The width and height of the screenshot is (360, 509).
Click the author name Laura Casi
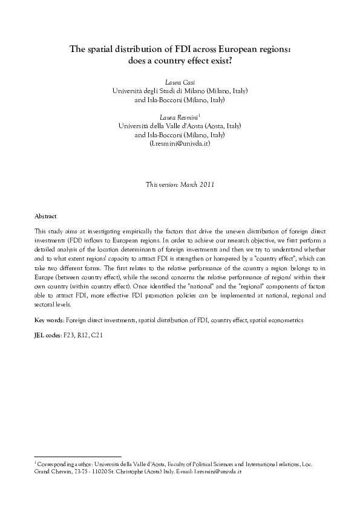pyautogui.click(x=180, y=81)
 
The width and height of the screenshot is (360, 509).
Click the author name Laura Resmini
pyautogui.click(x=178, y=116)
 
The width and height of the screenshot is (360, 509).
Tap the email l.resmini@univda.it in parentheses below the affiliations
pyautogui.click(x=180, y=144)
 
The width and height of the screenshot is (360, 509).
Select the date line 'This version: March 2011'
pyautogui.click(x=180, y=184)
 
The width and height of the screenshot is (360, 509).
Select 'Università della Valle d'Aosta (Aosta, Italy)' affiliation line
pyautogui.click(x=180, y=126)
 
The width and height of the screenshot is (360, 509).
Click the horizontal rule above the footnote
pyautogui.click(x=78, y=457)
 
